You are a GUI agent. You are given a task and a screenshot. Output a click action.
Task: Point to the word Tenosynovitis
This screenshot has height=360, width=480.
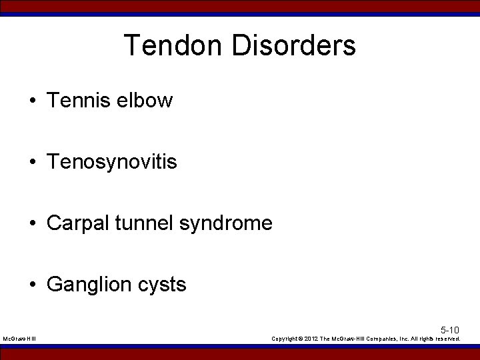pyautogui.click(x=112, y=162)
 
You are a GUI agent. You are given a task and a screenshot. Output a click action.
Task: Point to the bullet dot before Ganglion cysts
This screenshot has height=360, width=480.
pyautogui.click(x=32, y=285)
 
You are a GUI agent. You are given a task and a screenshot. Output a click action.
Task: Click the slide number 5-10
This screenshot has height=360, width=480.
pyautogui.click(x=449, y=330)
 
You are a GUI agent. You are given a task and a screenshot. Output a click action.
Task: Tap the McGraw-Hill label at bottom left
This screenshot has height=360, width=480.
pyautogui.click(x=20, y=339)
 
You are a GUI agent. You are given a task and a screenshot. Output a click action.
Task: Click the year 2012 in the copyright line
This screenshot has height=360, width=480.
pyautogui.click(x=312, y=339)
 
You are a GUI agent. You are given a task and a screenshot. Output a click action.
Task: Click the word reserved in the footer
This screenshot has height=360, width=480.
pyautogui.click(x=447, y=339)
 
